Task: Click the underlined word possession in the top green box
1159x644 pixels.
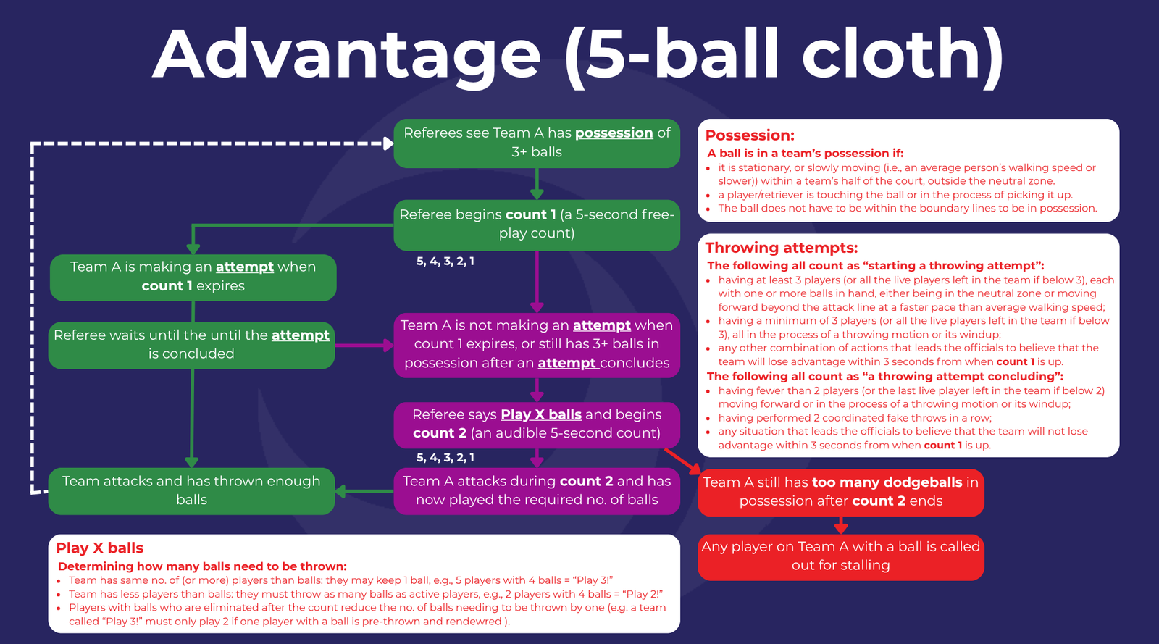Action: point(614,133)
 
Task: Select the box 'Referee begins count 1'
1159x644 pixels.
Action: point(537,225)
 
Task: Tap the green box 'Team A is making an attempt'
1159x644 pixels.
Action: point(193,277)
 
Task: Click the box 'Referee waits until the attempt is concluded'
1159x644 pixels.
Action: point(191,345)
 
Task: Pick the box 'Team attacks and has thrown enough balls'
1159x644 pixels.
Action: point(191,491)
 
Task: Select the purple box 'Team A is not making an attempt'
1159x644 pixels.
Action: point(537,345)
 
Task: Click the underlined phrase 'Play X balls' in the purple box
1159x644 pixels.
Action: point(540,415)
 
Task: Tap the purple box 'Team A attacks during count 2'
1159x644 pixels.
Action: point(537,491)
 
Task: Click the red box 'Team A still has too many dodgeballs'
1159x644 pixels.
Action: point(841,492)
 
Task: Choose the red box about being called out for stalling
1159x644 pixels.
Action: point(841,557)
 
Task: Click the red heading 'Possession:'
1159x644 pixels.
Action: point(750,135)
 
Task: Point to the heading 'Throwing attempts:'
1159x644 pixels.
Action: point(782,248)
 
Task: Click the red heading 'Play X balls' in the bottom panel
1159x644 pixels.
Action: point(99,548)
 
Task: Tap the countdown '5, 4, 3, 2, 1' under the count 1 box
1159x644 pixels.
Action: point(445,262)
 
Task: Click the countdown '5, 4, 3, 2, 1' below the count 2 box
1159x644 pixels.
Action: point(445,458)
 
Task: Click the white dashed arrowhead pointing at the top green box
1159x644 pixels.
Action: point(388,144)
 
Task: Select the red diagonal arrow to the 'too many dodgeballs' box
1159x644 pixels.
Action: point(682,461)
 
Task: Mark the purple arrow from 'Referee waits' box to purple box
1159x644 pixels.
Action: point(364,345)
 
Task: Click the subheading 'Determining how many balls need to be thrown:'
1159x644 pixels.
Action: point(202,566)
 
